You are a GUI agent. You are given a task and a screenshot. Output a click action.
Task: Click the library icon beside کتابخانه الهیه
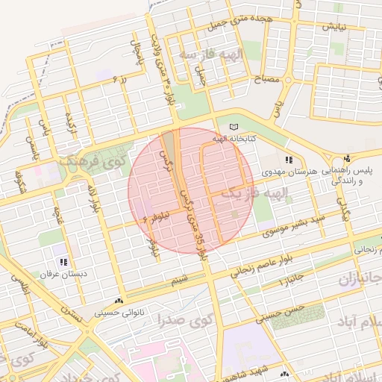(234, 127)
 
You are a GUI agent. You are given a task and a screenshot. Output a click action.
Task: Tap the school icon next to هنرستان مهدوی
(289, 160)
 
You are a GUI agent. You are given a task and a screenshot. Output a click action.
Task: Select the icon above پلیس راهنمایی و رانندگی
(347, 159)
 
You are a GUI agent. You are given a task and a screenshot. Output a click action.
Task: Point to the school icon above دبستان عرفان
(63, 262)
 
